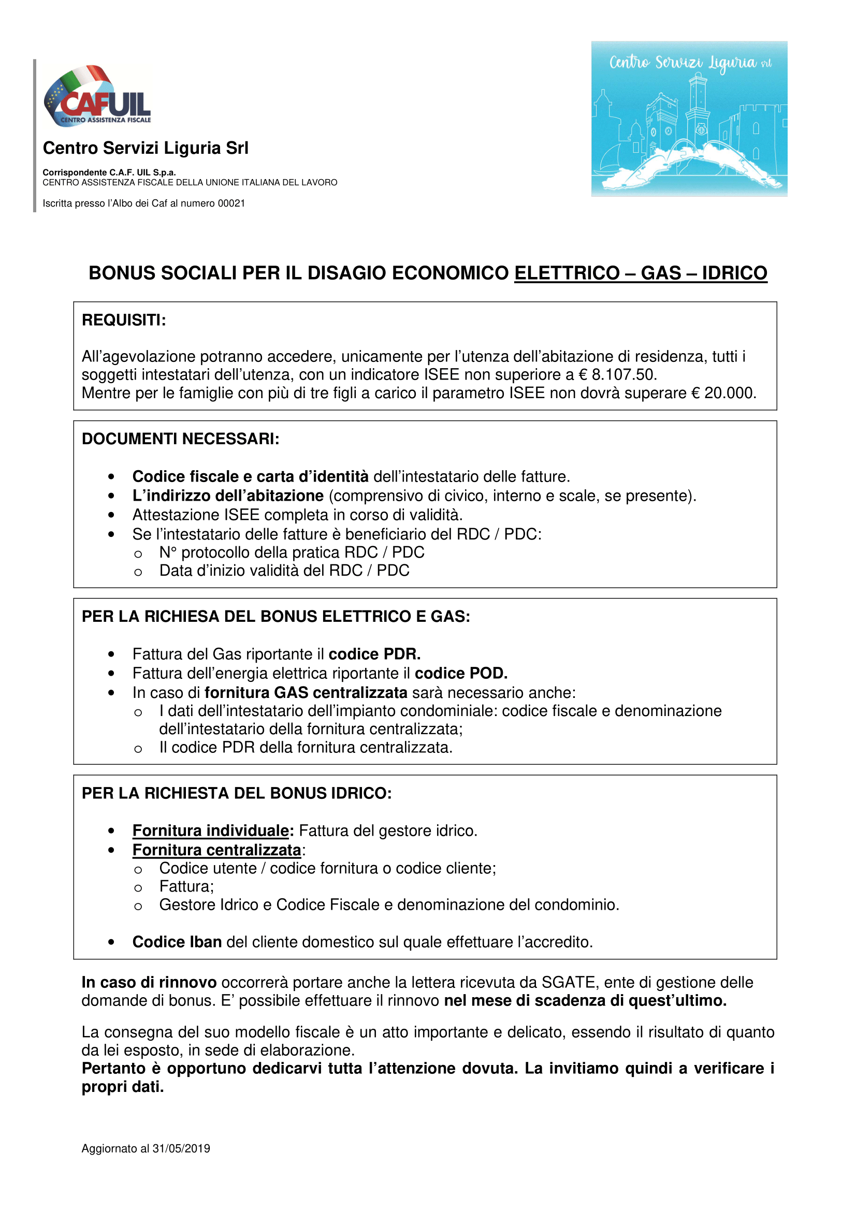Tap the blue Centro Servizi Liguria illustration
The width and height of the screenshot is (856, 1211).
689,119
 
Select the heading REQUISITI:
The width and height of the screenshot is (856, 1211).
124,320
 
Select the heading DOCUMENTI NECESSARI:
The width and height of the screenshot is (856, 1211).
180,439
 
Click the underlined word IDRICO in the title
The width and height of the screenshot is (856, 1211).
734,273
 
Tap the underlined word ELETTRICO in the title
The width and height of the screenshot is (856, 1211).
567,273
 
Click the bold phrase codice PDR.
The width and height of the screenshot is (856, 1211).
374,654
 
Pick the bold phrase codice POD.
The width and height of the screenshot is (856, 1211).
461,674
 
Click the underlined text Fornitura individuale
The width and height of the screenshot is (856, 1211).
211,830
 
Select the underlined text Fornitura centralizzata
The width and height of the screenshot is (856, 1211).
217,850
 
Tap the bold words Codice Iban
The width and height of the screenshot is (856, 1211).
177,942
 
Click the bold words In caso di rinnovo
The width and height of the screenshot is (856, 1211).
149,983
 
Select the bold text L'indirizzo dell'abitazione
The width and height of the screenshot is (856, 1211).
228,497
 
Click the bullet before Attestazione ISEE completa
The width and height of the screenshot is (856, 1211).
111,515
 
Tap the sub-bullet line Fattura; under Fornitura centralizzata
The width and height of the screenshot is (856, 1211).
187,886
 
